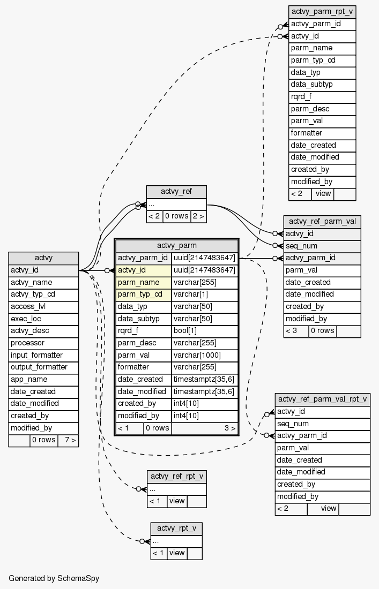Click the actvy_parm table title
(176, 245)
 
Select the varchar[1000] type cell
(204, 355)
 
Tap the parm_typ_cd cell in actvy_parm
(143, 294)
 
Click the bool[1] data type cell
(204, 331)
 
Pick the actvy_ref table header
(176, 192)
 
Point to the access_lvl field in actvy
(43, 306)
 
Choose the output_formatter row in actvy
(43, 367)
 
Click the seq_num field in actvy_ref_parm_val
(322, 246)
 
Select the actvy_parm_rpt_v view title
(322, 12)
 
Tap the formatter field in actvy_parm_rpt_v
(322, 133)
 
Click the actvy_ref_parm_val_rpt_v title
(322, 399)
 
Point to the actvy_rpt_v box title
(176, 528)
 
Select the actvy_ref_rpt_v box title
(176, 477)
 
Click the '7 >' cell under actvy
(68, 440)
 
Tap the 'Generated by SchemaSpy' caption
(54, 578)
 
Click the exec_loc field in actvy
(43, 319)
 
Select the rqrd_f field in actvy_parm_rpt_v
(322, 96)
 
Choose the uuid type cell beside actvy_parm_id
(204, 258)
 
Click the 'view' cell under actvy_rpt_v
(177, 553)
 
